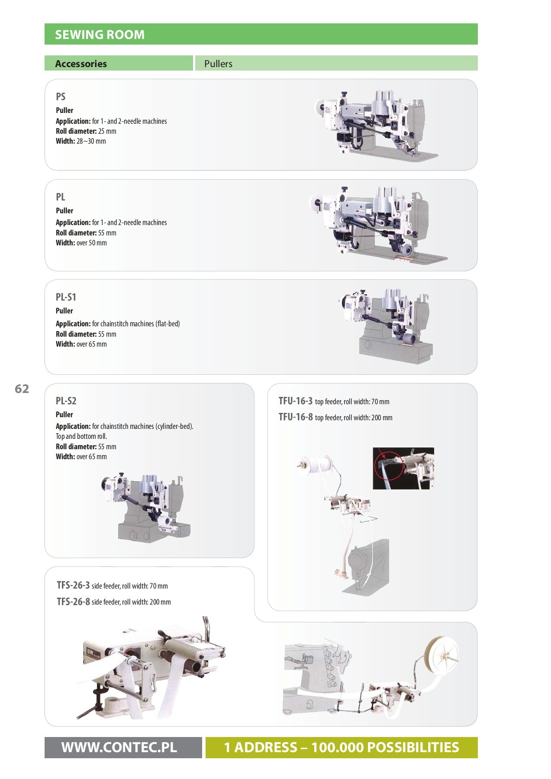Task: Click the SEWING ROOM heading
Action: [100, 35]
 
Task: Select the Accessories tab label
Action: [81, 64]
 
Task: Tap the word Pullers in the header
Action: [218, 64]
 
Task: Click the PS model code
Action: [61, 97]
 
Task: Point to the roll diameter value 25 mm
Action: [107, 131]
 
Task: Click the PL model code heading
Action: [61, 197]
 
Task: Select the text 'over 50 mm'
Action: [91, 243]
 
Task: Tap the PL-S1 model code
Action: [66, 297]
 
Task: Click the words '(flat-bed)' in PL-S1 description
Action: [168, 324]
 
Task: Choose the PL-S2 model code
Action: [66, 401]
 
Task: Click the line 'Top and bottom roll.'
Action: [81, 436]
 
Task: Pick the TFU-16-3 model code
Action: [295, 401]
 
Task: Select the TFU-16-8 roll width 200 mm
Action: [382, 418]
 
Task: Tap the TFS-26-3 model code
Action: [73, 585]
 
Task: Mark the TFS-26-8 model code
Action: [73, 602]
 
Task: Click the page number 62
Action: [22, 389]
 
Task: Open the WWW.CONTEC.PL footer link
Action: [119, 747]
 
